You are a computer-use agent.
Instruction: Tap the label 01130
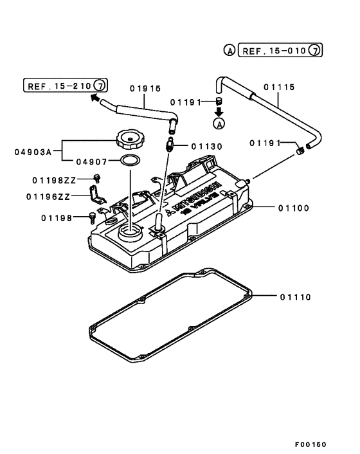205,146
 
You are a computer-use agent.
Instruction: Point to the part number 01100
294,208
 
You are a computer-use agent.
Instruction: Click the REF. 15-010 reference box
280,50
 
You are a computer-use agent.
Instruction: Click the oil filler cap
127,138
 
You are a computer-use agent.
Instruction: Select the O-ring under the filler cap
130,160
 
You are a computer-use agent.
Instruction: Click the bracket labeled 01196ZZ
96,194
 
